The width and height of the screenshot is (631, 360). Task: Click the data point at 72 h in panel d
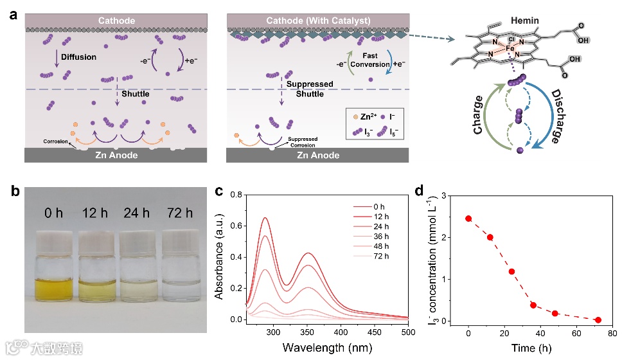[598, 320]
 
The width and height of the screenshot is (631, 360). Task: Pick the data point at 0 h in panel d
[468, 219]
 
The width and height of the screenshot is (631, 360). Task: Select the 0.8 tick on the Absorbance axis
[233, 194]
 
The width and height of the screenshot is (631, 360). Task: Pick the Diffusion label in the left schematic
[78, 57]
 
